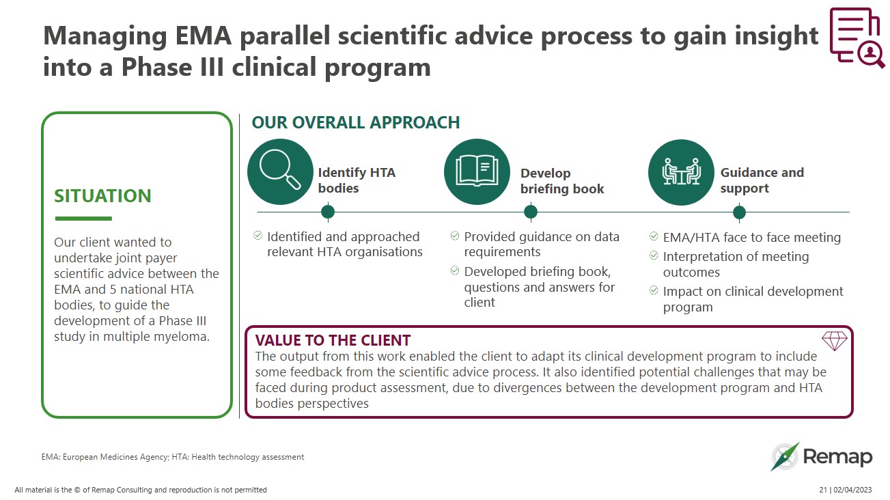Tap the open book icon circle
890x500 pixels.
point(477,172)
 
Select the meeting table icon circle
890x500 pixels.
point(681,172)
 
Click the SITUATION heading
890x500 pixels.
point(102,196)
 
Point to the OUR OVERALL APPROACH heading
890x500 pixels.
point(355,123)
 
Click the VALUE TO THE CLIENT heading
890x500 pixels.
point(333,340)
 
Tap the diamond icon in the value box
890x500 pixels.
point(834,341)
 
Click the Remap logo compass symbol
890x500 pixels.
point(785,457)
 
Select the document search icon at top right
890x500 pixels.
point(856,38)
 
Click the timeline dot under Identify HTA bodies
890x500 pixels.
point(328,212)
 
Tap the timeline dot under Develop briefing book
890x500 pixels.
point(531,212)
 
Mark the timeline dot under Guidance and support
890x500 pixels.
point(739,212)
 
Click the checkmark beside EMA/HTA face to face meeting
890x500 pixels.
point(654,237)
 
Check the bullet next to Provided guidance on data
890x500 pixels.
point(455,236)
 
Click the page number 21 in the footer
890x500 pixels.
point(822,490)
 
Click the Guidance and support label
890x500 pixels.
point(761,180)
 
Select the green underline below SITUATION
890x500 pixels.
point(83,219)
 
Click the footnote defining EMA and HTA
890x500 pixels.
point(173,457)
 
